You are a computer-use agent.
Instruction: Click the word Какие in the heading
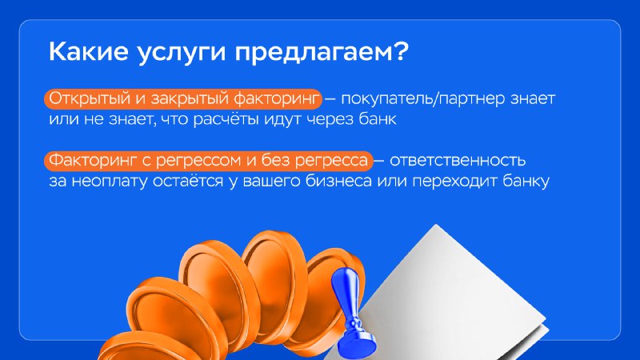(x=89, y=51)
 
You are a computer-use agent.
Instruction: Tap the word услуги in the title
(x=182, y=54)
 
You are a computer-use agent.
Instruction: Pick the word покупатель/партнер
(x=422, y=99)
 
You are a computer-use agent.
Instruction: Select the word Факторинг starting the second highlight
(x=93, y=161)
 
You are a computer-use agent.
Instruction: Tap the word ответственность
(x=458, y=161)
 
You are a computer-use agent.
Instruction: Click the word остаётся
(x=188, y=181)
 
